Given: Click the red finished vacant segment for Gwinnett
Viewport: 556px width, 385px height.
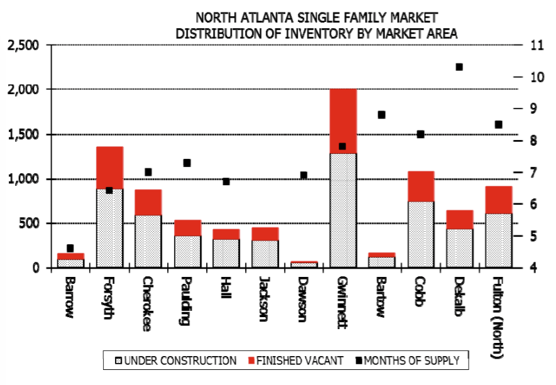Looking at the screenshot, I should coord(342,121).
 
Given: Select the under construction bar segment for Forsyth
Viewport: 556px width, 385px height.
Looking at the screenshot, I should coord(109,228).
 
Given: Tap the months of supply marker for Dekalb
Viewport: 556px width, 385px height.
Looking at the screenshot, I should coord(459,67).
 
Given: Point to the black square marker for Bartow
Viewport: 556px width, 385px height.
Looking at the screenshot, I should coord(381,115).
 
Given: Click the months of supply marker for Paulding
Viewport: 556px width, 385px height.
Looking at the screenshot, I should coord(187,163).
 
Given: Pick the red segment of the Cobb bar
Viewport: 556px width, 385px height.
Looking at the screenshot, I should coord(420,187).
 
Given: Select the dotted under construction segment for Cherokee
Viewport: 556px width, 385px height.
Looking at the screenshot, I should coord(148,241).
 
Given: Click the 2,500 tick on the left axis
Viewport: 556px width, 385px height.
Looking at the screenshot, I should coord(23,45).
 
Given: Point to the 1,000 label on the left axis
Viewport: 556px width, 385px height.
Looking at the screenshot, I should coord(23,179).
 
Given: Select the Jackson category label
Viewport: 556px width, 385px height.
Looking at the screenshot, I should coord(264,299).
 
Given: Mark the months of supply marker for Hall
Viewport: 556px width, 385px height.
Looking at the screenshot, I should coord(226,182).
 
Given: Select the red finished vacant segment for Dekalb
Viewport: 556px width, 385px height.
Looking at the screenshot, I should coord(459,219).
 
